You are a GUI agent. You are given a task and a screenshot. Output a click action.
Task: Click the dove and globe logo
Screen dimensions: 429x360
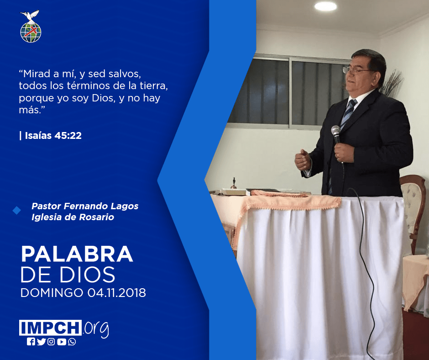31,26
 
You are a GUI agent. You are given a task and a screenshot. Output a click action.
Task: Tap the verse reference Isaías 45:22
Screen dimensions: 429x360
53,136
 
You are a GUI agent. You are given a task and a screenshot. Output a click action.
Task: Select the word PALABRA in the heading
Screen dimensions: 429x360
77,254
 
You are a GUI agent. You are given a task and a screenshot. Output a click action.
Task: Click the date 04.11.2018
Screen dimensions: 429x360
117,292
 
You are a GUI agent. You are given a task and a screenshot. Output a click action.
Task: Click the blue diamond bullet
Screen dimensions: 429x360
17,211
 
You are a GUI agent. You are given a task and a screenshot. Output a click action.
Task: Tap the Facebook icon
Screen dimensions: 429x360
31,342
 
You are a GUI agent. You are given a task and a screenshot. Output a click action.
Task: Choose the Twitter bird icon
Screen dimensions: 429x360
41,342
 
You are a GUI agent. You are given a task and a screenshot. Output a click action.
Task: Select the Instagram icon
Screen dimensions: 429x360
51,342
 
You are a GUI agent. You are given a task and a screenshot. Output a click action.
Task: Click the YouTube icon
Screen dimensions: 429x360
62,342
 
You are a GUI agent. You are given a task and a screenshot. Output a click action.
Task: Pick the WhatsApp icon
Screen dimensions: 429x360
72,342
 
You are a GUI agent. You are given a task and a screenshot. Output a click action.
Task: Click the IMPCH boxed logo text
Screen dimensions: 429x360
50,328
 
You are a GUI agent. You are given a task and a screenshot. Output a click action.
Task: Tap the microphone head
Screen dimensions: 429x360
335,130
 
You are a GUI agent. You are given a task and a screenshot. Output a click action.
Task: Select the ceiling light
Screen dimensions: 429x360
325,6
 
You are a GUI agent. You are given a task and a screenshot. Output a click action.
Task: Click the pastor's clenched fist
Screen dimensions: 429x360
303,160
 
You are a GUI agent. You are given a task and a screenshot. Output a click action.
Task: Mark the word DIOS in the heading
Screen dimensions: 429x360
88,275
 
